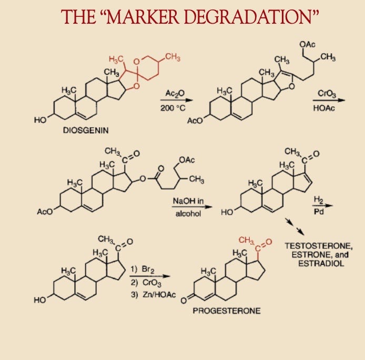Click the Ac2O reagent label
click(x=174, y=93)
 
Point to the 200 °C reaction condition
click(x=174, y=108)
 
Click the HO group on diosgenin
click(x=40, y=121)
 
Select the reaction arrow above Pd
click(x=317, y=207)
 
